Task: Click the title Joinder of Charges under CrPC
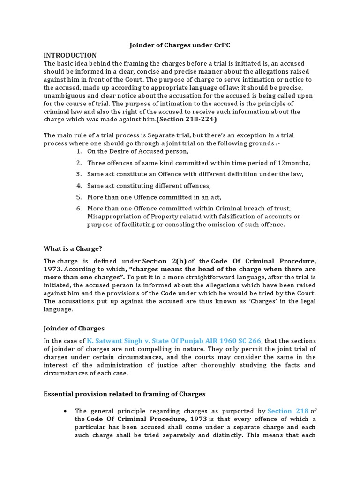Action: pyautogui.click(x=180, y=45)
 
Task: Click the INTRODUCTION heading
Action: pyautogui.click(x=70, y=55)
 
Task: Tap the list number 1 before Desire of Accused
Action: pyautogui.click(x=79, y=151)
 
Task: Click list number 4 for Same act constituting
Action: pyautogui.click(x=79, y=186)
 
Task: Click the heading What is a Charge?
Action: pyautogui.click(x=73, y=248)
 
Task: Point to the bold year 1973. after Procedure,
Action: pyautogui.click(x=53, y=270)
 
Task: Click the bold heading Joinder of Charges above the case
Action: pyautogui.click(x=74, y=328)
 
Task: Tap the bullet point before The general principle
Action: pyautogui.click(x=64, y=411)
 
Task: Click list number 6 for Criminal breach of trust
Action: pyautogui.click(x=79, y=208)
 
